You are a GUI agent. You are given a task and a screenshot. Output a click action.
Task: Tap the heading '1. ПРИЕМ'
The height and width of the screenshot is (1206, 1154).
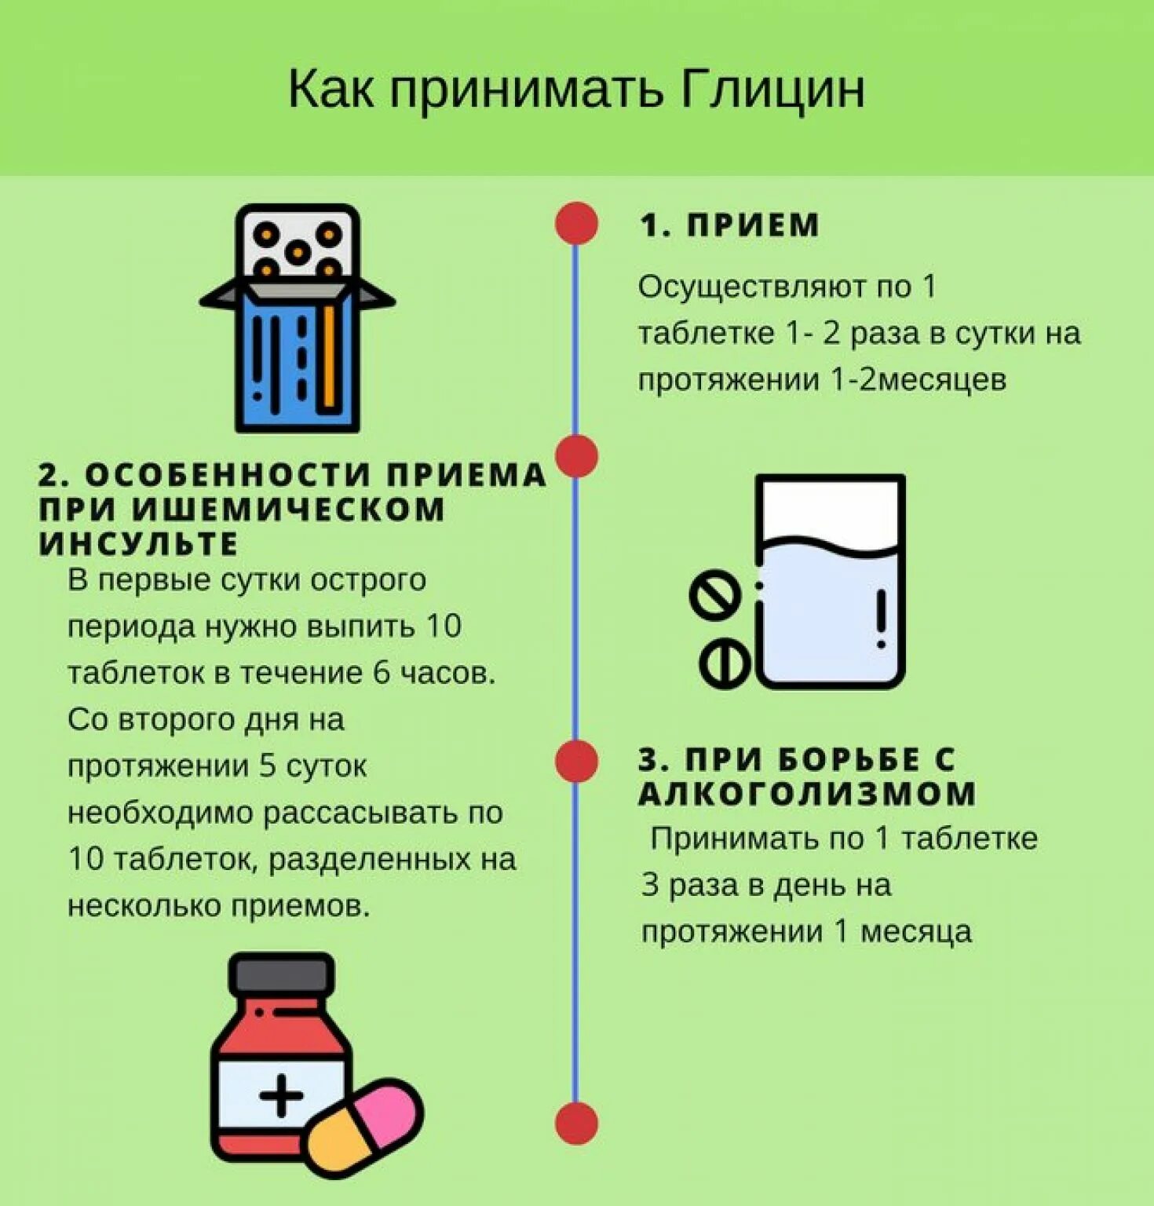tap(729, 225)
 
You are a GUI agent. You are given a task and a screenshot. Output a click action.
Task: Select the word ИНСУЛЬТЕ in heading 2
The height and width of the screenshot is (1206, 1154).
tap(138, 543)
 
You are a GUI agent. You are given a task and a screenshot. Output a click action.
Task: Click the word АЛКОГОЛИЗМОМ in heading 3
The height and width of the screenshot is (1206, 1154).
tap(807, 793)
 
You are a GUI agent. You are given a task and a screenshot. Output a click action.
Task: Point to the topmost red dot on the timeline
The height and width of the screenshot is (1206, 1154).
tap(576, 223)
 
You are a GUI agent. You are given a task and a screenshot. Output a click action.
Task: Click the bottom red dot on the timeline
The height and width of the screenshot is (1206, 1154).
tap(576, 1123)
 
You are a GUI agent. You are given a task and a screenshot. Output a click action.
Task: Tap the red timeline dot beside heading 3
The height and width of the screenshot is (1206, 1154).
tap(576, 761)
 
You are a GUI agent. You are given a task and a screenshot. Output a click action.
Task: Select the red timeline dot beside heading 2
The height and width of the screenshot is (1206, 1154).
tap(576, 456)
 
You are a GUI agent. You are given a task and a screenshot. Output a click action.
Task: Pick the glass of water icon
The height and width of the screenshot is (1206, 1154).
tap(830, 581)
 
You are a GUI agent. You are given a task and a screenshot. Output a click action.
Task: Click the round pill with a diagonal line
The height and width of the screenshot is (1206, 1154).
tap(715, 594)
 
